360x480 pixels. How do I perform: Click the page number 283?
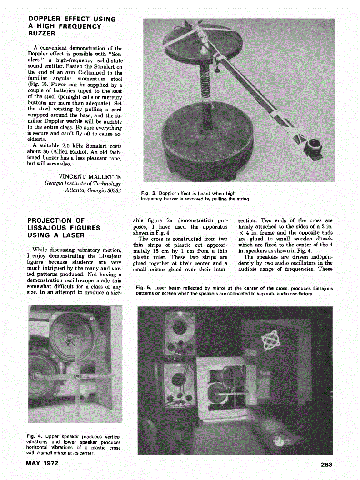pos(326,464)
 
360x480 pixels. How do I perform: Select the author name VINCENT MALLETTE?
pos(90,176)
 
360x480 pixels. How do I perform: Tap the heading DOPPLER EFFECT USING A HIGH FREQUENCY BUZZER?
pos(72,26)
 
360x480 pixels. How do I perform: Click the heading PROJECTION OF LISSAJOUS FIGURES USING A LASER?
pos(64,228)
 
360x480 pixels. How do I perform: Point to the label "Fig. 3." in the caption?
pos(149,193)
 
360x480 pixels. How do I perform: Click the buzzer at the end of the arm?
pos(313,146)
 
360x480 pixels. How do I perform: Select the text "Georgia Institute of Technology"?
pos(83,183)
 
